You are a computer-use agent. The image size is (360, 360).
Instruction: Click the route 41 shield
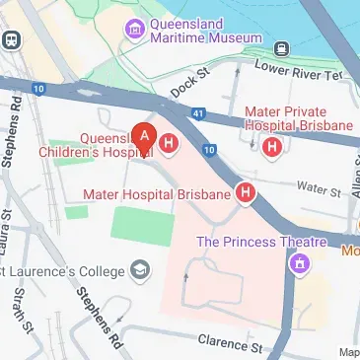200,115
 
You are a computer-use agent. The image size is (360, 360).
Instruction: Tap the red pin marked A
146,138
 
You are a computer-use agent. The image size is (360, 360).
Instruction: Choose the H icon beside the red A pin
169,145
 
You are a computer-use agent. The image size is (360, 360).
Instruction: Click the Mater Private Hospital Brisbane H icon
271,147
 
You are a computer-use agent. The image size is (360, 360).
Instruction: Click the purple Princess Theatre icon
297,262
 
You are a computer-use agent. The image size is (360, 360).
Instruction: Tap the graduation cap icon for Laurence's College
141,270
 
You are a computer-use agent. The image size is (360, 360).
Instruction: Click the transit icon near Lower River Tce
281,47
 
